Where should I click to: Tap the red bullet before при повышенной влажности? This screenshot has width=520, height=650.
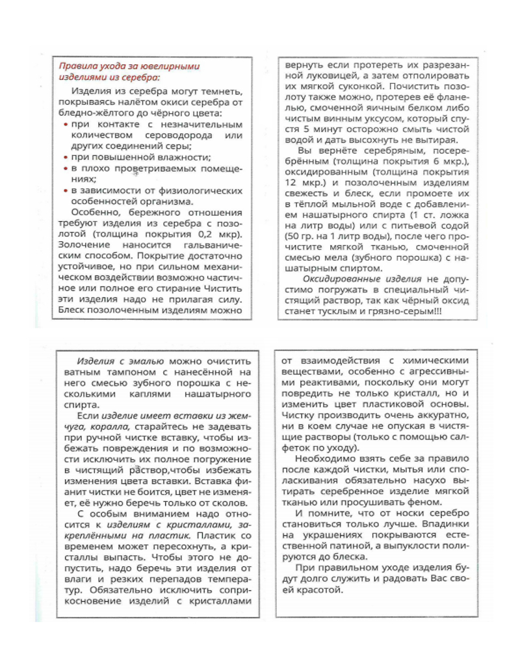point(67,157)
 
